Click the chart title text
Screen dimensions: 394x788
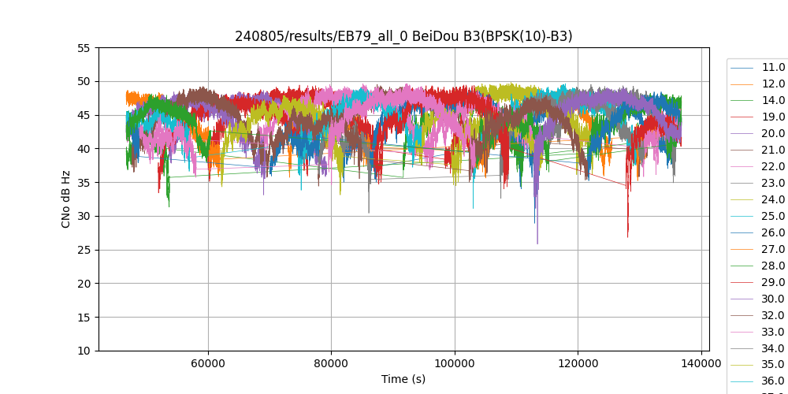pyautogui.click(x=403, y=36)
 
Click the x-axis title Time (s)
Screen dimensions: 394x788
pyautogui.click(x=403, y=379)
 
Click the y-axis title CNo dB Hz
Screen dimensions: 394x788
pyautogui.click(x=66, y=199)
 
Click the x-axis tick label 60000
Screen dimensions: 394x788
pyautogui.click(x=208, y=364)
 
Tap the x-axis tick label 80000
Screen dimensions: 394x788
pyautogui.click(x=331, y=364)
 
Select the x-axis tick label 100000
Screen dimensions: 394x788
pyautogui.click(x=455, y=364)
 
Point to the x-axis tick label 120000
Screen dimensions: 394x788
pyautogui.click(x=578, y=364)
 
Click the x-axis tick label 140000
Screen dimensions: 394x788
pyautogui.click(x=701, y=364)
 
